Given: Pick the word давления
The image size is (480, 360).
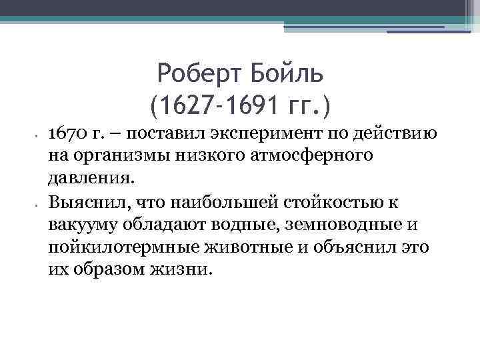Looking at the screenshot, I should tap(91, 179).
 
